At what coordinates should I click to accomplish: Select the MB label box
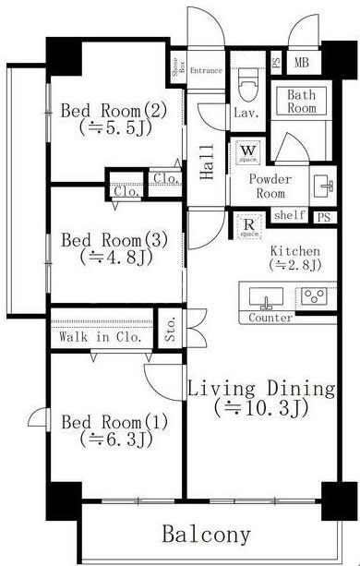pos(301,63)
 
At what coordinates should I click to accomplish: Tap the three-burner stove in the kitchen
pos(311,297)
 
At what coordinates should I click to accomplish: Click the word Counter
pos(271,318)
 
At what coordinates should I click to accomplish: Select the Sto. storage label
pos(171,331)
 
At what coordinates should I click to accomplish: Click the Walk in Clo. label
pos(100,337)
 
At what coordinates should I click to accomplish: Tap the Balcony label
pos(207,534)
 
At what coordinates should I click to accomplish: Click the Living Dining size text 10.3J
pos(261,406)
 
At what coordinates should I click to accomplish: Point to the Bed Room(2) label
pos(114,112)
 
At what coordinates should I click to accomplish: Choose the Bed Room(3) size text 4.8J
pos(114,258)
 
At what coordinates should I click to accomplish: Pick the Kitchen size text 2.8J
pos(294,265)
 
